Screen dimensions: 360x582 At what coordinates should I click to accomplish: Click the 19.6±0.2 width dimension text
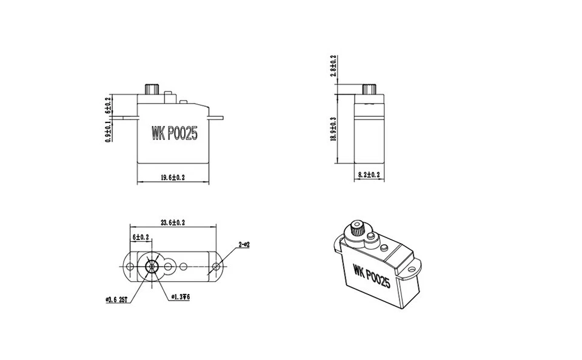click(x=173, y=178)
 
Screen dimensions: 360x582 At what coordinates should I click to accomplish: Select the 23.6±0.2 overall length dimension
click(x=173, y=222)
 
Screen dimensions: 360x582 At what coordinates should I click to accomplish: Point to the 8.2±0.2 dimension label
click(x=369, y=175)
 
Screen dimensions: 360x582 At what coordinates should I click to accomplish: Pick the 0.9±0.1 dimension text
click(x=108, y=131)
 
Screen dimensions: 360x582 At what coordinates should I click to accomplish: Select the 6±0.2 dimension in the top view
click(x=141, y=237)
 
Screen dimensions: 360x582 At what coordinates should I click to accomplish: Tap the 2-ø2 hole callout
click(x=244, y=244)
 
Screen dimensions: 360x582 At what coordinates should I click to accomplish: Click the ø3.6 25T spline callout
click(x=116, y=299)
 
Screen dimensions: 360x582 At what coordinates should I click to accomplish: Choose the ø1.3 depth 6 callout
click(x=181, y=297)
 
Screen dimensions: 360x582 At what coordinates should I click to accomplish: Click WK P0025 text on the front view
click(x=174, y=133)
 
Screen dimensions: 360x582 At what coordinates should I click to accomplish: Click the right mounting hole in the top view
click(x=217, y=267)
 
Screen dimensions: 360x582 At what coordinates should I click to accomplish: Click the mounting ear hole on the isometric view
click(x=412, y=267)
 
